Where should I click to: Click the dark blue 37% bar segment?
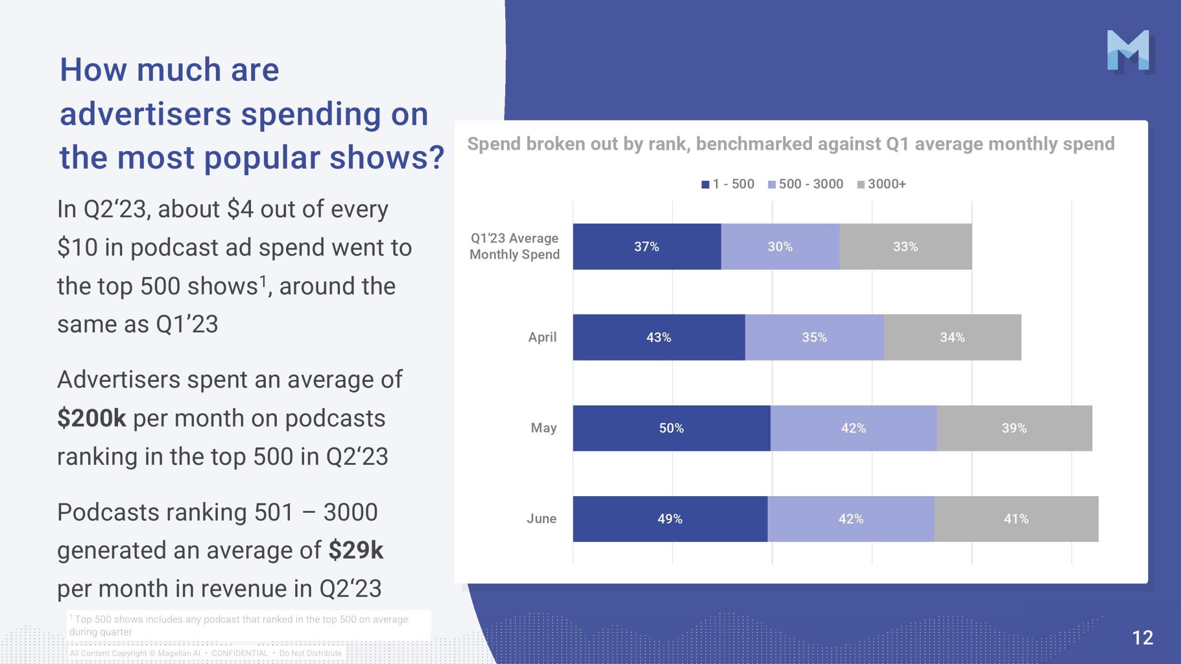point(646,247)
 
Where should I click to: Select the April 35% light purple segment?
point(814,338)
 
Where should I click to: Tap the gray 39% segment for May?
point(1014,428)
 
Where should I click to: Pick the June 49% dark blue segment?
point(670,519)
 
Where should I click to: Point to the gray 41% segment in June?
point(1016,519)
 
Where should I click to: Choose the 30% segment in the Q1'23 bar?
point(780,247)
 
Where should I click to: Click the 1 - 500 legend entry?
point(728,184)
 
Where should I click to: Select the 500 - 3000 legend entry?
point(805,184)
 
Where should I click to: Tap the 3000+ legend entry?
point(882,184)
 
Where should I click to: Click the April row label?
point(543,337)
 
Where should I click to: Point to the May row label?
point(544,428)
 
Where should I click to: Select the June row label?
point(542,519)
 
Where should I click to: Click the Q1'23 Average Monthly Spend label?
point(514,246)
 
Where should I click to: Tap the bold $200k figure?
point(91,418)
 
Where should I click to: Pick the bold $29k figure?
point(356,550)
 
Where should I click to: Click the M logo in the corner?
point(1128,50)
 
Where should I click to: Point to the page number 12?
point(1143,638)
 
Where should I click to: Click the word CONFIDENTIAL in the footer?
point(240,653)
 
